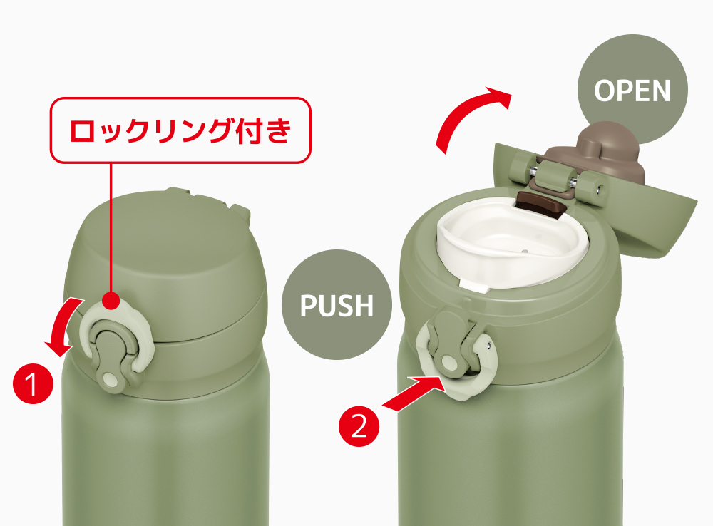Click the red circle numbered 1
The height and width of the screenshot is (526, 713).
(34, 383)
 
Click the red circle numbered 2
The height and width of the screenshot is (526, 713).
(359, 426)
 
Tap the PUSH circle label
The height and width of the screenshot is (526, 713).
(337, 304)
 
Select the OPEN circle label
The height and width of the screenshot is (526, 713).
(632, 90)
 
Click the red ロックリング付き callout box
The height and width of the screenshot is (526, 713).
(180, 130)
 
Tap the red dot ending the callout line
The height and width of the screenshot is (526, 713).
(111, 301)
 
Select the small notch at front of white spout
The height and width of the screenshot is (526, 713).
(474, 285)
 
